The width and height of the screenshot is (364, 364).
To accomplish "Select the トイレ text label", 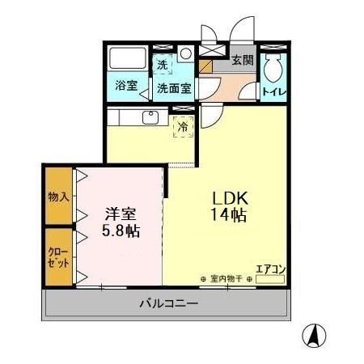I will click(273, 91).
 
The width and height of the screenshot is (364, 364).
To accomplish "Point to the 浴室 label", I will click(125, 85).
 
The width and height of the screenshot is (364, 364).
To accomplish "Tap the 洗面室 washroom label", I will click(174, 88).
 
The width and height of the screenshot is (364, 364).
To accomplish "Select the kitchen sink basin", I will click(150, 118).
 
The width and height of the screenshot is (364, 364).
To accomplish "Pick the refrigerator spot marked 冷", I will click(183, 127).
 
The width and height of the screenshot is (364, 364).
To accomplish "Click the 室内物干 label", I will click(226, 280).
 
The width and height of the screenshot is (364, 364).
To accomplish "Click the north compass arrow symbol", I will click(316, 333).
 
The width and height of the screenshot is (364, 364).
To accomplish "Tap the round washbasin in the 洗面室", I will click(186, 55).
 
